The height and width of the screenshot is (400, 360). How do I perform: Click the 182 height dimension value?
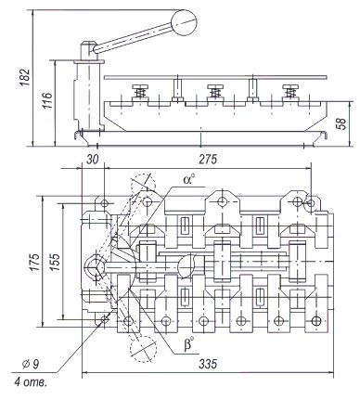25,77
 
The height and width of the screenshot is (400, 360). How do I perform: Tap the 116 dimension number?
47,100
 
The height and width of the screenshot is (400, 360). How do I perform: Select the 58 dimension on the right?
341,123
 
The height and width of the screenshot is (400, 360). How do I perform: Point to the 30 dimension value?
92,160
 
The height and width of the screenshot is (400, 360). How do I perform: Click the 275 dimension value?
208,160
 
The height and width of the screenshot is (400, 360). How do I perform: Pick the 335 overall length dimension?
208,364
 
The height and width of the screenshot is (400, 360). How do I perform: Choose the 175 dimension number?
34,262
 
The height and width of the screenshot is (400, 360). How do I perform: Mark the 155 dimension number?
55,262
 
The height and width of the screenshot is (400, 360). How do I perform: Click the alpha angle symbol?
189,179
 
